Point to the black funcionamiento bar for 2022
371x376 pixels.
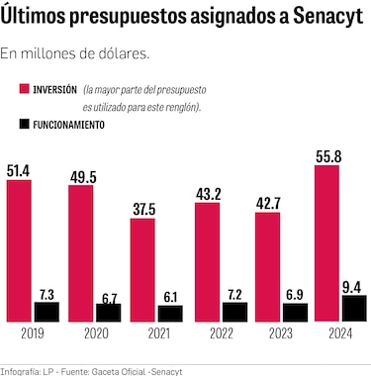(x=234, y=312)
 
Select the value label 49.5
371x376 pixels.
(x=81, y=176)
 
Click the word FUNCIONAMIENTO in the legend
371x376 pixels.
(x=67, y=126)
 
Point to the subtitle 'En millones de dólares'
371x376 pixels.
(x=82, y=54)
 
